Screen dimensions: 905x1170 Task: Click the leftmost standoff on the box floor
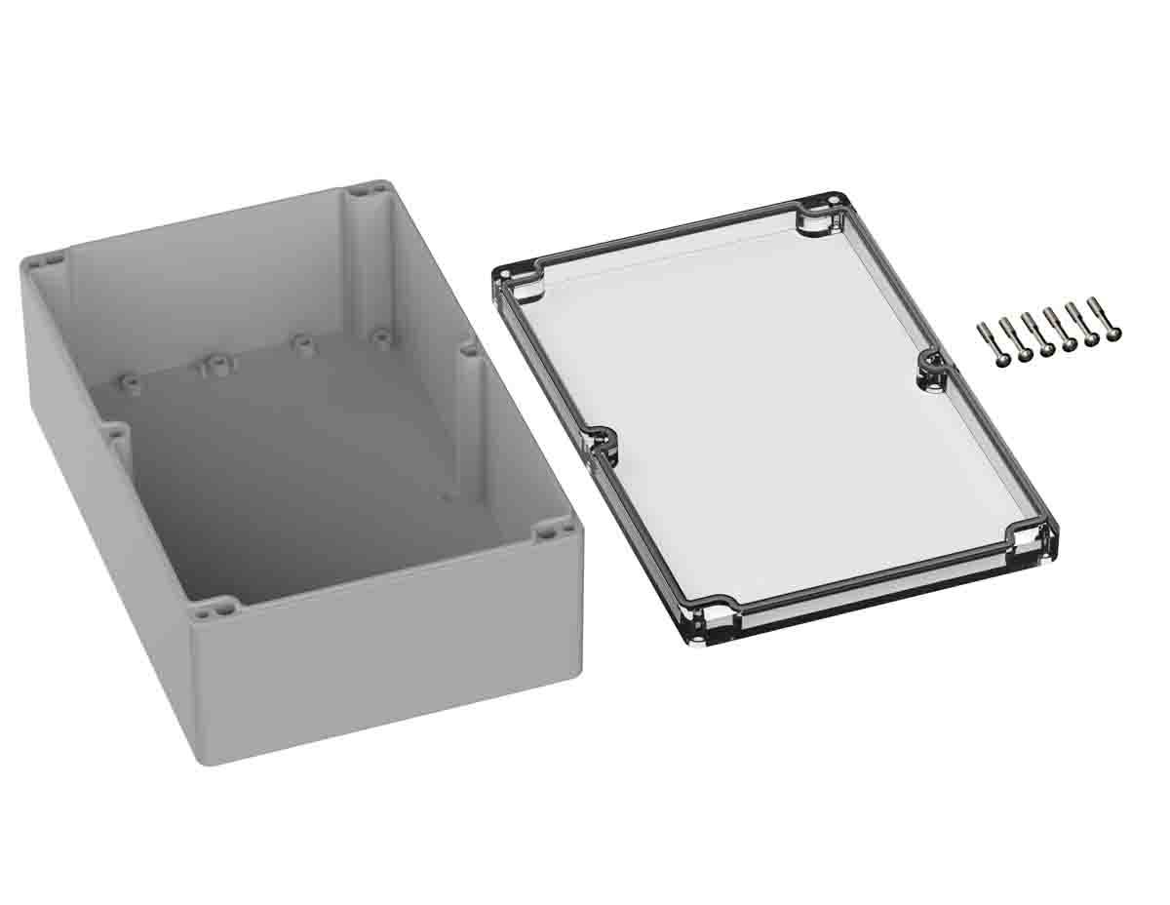[129, 382]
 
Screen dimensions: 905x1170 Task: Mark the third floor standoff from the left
[301, 345]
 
